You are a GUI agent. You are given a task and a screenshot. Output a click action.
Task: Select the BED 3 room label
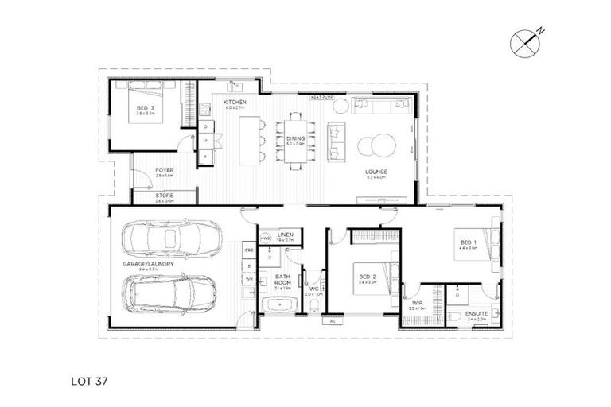pyautogui.click(x=143, y=108)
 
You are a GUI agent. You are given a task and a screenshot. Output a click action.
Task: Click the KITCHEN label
pyautogui.click(x=234, y=103)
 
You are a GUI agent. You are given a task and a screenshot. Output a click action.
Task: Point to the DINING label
pyautogui.click(x=295, y=140)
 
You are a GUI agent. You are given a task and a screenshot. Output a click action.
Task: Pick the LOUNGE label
pyautogui.click(x=376, y=171)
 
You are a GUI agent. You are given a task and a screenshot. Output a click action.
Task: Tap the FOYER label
pyautogui.click(x=165, y=170)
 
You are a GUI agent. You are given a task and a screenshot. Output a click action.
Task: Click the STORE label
pyautogui.click(x=165, y=196)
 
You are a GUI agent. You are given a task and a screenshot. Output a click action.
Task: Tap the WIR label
pyautogui.click(x=418, y=303)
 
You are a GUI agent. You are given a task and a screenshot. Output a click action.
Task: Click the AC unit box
pyautogui.click(x=332, y=322)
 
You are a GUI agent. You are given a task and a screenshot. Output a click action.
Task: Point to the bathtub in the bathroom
pyautogui.click(x=278, y=305)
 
